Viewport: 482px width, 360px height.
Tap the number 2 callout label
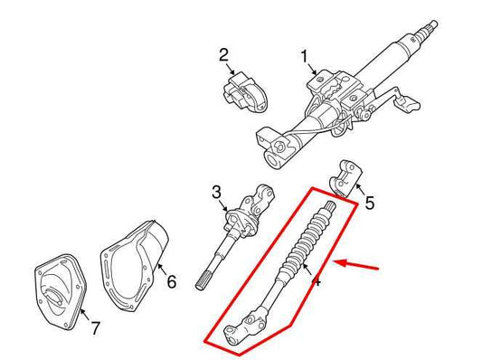coord(223,56)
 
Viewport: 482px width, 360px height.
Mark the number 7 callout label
coord(96,327)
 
